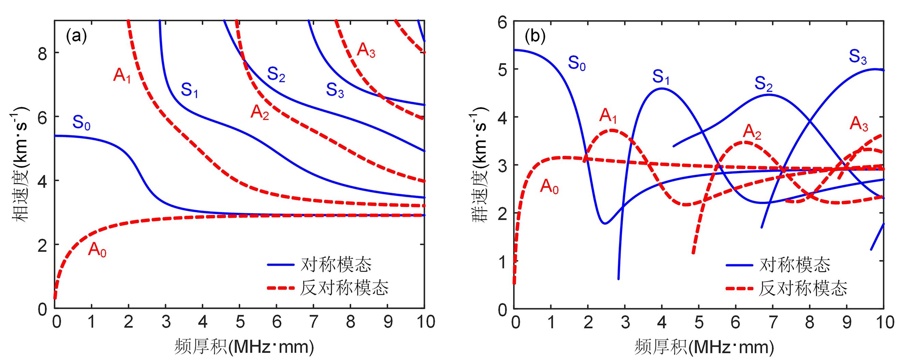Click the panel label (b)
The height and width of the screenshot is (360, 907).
point(535,37)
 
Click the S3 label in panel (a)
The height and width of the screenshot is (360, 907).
point(335,90)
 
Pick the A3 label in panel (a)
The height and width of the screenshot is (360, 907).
point(366,50)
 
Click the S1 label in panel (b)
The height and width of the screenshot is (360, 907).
point(661,77)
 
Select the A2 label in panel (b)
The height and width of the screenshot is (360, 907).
point(752,132)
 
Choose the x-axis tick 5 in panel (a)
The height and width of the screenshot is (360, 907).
point(240,322)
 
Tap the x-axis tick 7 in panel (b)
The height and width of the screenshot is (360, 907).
point(773,322)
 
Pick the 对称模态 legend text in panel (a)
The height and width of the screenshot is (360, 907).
point(336,264)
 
